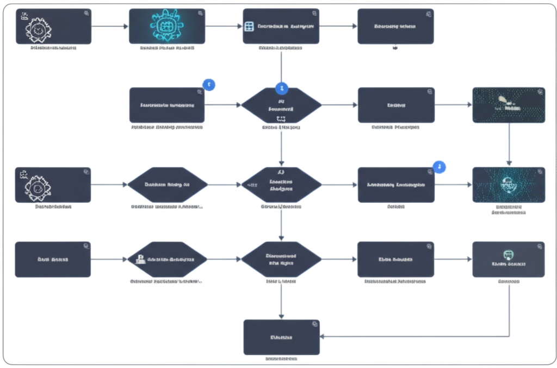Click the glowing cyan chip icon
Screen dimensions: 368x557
(x=166, y=26)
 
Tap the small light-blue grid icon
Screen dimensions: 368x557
(x=250, y=26)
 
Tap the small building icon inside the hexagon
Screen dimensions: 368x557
(x=140, y=259)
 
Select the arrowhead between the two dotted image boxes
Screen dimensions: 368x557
(x=509, y=163)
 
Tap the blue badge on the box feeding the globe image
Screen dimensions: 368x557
(x=439, y=167)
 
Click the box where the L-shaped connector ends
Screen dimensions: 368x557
(x=281, y=337)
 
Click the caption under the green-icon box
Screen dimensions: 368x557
(x=509, y=282)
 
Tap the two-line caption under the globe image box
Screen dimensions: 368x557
(x=509, y=210)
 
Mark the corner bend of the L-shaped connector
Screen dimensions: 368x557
(x=509, y=336)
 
